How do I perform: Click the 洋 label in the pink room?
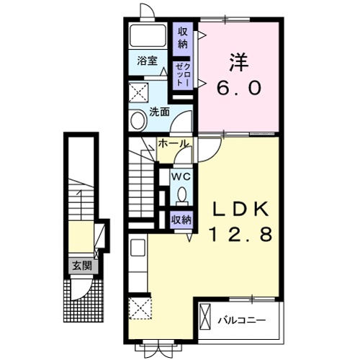point(238,62)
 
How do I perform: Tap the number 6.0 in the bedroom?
point(239,88)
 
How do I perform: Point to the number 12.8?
point(241,234)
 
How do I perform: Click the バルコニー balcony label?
point(242,320)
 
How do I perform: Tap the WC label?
point(181,177)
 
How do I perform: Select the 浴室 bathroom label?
point(147,61)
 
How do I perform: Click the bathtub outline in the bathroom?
point(148,35)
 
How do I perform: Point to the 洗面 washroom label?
point(159,112)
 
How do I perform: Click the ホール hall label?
point(173,143)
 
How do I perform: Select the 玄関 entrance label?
point(82,266)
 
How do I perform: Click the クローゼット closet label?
point(183,75)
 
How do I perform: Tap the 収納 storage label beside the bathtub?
point(183,37)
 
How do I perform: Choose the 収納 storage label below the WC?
point(181,220)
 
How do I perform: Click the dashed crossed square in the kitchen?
point(140,308)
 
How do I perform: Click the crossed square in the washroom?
point(138,92)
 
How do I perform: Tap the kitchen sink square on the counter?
point(138,248)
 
